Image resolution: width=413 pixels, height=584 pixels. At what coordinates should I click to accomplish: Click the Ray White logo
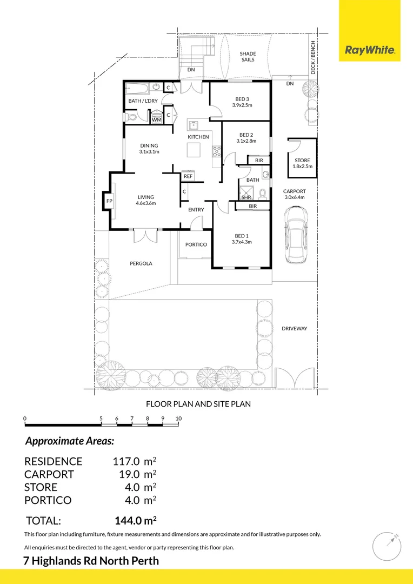coord(370,51)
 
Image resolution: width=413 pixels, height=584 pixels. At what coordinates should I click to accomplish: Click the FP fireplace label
coord(109,201)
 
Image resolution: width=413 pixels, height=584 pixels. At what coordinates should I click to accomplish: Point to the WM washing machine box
coord(157,120)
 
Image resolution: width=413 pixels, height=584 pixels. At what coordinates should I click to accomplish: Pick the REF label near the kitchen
coord(188,176)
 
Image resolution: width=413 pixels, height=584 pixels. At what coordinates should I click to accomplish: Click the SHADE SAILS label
coord(248,57)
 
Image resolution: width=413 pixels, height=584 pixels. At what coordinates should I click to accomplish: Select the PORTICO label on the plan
coord(196,244)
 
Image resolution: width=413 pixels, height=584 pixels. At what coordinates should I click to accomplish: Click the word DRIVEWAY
coord(294,328)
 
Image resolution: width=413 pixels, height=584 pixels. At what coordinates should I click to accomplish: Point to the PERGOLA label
coord(141,263)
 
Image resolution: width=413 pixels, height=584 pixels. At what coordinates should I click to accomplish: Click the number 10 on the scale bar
coord(178,419)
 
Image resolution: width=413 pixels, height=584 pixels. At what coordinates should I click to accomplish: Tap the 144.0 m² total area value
coord(136,521)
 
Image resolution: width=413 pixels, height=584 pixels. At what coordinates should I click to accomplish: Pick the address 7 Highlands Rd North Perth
coord(91,560)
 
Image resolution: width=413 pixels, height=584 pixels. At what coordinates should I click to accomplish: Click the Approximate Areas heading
coord(70,441)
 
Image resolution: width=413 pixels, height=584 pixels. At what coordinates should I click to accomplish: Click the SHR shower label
coord(247,197)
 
